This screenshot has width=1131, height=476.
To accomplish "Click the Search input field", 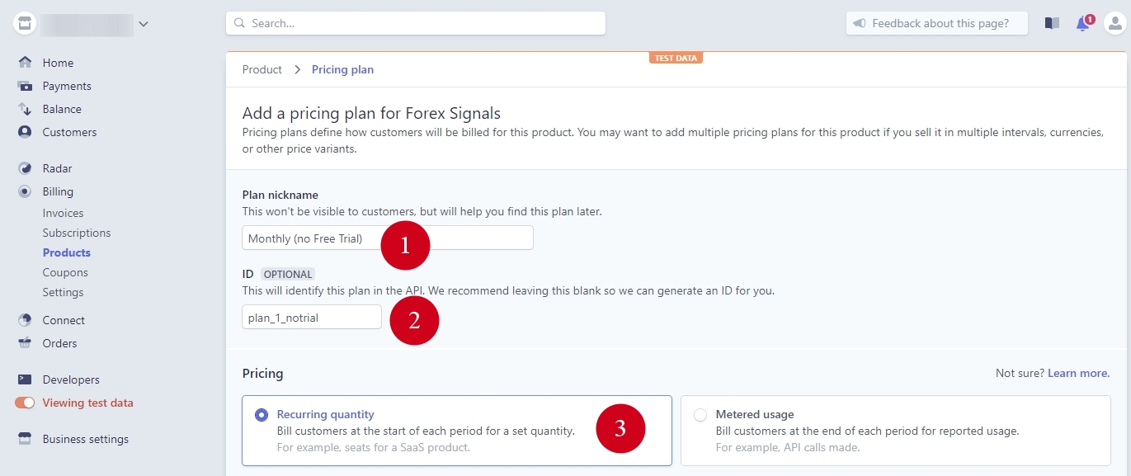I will tap(415, 23).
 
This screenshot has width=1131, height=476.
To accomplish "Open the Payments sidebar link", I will tap(66, 86).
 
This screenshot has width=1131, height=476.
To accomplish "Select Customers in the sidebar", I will tap(69, 132).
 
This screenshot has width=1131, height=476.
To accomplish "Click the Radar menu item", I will tap(57, 168).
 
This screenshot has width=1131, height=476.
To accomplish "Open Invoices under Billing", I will tap(63, 213).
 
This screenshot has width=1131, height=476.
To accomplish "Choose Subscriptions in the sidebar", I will tap(76, 233).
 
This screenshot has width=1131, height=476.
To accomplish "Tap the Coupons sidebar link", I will tap(65, 272).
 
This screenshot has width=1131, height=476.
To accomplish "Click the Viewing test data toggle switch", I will tap(25, 403).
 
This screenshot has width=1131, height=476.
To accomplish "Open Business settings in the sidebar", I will tap(85, 439).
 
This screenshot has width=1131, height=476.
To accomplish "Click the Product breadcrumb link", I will tap(262, 70).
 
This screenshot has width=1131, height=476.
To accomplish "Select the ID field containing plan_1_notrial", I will tap(311, 318).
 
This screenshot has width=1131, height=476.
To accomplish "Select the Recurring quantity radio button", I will tap(262, 415).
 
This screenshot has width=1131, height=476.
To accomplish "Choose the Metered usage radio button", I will tap(700, 415).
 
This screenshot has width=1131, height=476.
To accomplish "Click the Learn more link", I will tap(1078, 373).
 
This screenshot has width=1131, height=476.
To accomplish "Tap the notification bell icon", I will tap(1083, 24).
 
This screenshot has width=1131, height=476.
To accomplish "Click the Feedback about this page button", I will tap(936, 23).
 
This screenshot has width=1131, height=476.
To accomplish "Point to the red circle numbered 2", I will tap(414, 320).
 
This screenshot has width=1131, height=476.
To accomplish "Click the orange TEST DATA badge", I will tap(676, 58).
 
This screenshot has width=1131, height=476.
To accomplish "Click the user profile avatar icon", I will tap(1115, 23).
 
